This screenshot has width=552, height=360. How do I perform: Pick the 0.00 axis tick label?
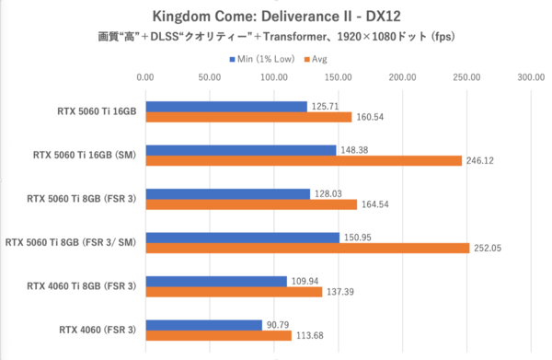(x=145, y=78)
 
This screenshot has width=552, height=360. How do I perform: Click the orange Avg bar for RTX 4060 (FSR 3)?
(x=218, y=335)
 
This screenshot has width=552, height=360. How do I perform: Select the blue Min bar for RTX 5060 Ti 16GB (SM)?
(x=240, y=149)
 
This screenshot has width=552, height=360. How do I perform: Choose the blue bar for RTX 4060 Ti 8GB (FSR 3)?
(x=215, y=280)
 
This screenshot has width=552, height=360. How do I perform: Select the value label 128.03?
(x=331, y=193)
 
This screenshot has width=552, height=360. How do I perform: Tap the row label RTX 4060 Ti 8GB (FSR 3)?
(x=81, y=286)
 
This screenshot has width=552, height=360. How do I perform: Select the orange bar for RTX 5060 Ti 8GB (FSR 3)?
(x=251, y=204)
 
